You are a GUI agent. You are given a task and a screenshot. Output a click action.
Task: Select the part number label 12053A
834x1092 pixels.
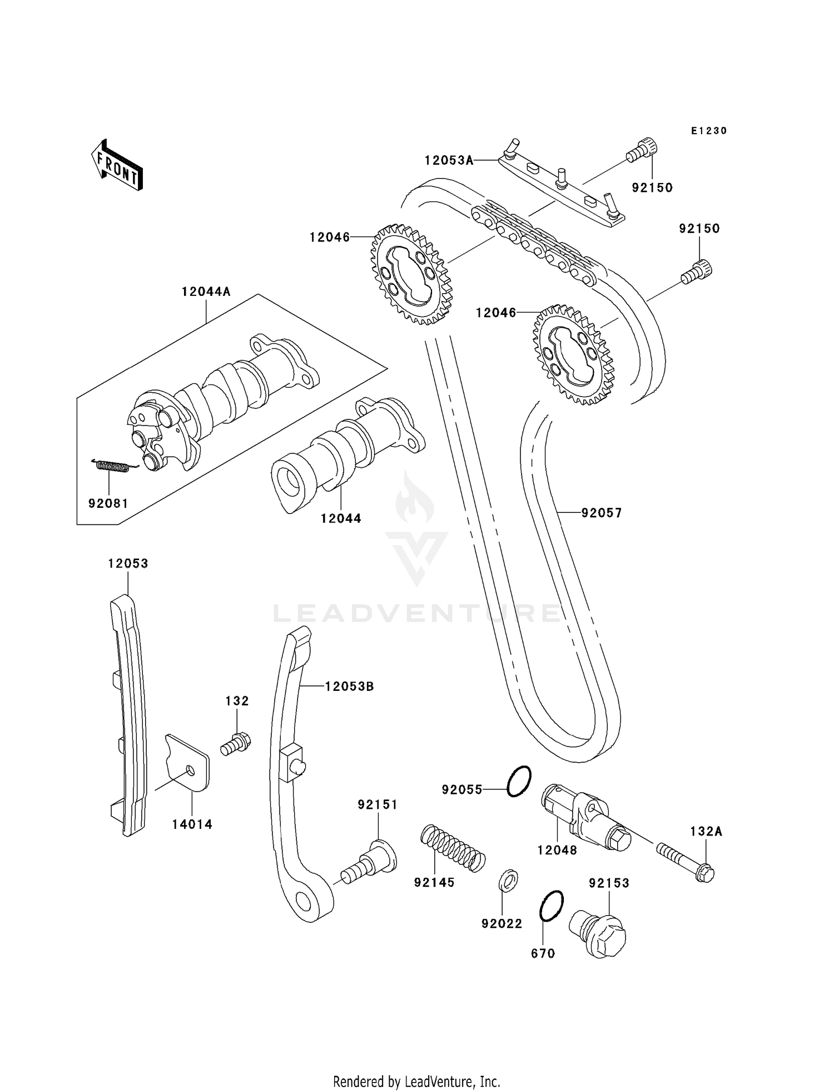point(449,160)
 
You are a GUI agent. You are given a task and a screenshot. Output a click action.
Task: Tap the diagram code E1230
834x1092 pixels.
point(709,131)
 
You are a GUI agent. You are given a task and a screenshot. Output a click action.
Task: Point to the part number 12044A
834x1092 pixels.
point(206,291)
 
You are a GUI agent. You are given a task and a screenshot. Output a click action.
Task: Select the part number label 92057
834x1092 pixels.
point(602,512)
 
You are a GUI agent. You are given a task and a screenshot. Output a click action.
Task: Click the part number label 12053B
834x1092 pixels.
point(350,686)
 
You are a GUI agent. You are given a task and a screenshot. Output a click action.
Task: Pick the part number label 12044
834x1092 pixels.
point(341,518)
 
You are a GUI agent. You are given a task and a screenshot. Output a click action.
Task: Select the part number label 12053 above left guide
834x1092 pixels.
point(128,564)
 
